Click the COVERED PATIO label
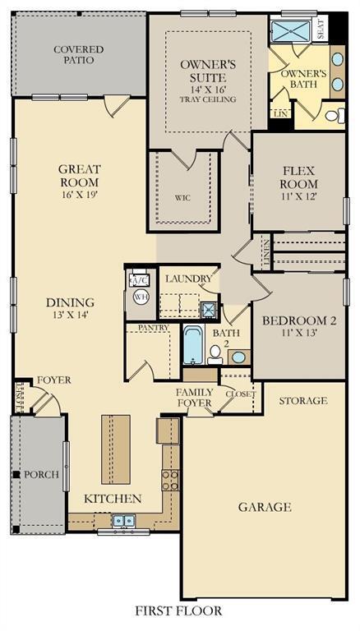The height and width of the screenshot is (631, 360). [79, 55]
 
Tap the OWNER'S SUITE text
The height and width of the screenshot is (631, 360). [209, 71]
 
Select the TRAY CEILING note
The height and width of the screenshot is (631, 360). [208, 99]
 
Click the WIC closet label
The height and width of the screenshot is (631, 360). [182, 197]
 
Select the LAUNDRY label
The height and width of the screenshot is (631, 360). [188, 279]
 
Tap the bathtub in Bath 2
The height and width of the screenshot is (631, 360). [192, 345]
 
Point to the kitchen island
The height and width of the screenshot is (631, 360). [115, 449]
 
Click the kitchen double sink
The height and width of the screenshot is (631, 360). [126, 520]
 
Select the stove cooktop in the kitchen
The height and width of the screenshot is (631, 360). [170, 480]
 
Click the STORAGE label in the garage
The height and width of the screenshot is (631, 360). [302, 401]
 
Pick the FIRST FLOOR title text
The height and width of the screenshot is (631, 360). [180, 611]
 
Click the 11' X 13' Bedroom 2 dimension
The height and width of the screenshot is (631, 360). [298, 334]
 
